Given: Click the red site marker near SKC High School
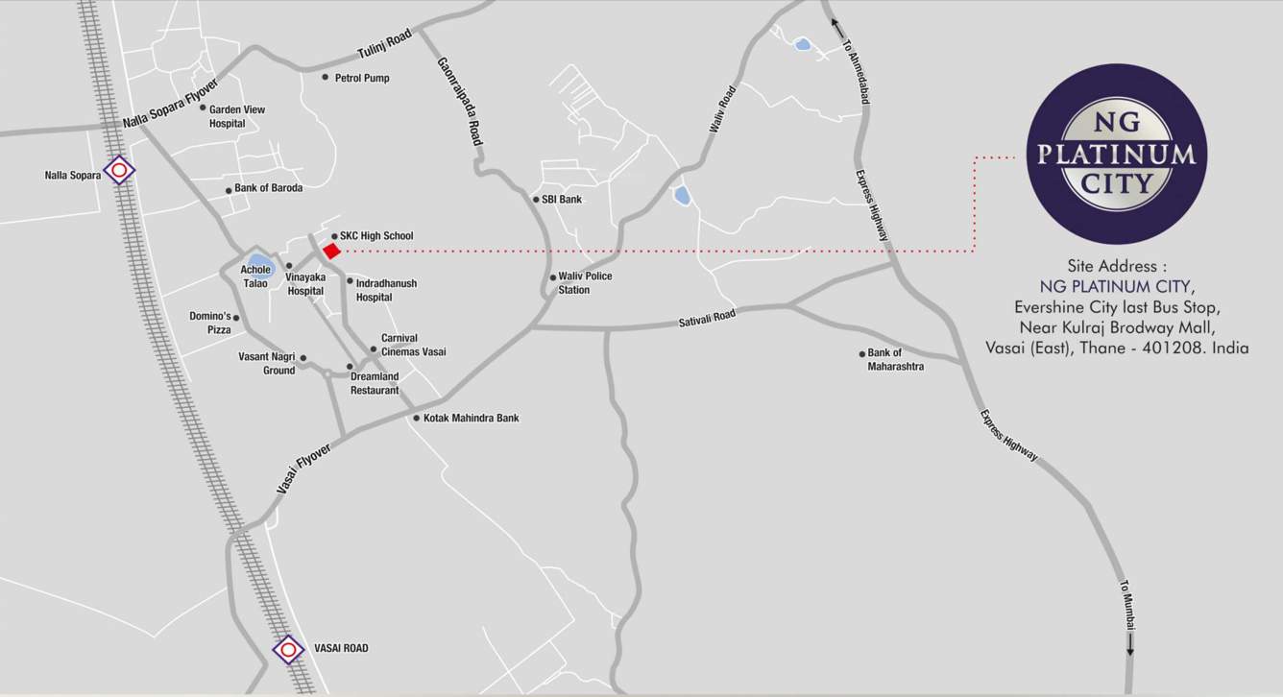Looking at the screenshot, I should click(x=331, y=251).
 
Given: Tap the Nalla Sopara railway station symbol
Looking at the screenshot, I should click(x=119, y=171).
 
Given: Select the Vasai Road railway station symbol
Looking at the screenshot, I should click(x=288, y=649).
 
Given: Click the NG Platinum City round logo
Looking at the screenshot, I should click(x=1116, y=154).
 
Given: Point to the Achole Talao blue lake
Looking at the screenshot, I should click(x=258, y=260).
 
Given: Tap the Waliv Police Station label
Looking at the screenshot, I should click(x=585, y=283).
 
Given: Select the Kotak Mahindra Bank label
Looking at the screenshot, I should click(x=471, y=419).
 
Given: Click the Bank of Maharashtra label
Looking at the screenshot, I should click(x=895, y=360).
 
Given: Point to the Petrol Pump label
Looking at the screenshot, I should click(x=362, y=78).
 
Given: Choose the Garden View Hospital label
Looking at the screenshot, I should click(x=236, y=116).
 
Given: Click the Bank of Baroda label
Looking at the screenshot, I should click(x=268, y=188).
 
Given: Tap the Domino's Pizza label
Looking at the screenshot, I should click(x=210, y=323).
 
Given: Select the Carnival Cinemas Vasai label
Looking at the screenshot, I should click(x=413, y=345).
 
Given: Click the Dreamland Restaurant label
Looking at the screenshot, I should click(x=375, y=383).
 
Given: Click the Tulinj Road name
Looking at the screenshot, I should click(x=384, y=44).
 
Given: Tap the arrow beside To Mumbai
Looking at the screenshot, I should click(x=1130, y=643).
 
